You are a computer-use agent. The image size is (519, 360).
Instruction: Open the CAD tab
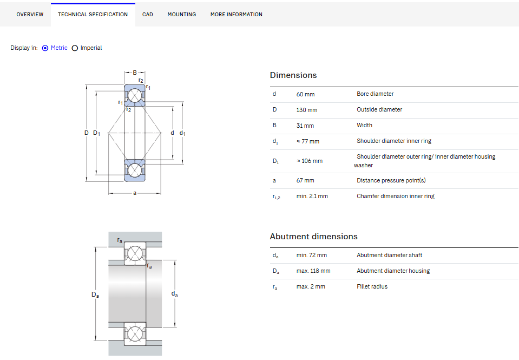coord(148,15)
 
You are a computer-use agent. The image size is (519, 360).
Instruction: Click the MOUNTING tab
coord(182,15)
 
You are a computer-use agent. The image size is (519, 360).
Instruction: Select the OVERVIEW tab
coord(30,15)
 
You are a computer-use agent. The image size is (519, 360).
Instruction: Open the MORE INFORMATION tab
coord(236,15)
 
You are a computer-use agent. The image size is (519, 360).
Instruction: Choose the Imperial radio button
coord(75,48)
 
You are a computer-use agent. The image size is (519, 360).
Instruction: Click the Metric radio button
coord(45,48)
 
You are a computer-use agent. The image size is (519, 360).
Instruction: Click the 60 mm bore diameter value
coord(306,94)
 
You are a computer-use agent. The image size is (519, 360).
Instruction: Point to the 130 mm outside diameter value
coord(307,110)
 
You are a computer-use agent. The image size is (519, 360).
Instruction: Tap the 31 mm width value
coord(305,126)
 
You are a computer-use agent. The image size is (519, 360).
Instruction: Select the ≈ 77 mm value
coord(308,141)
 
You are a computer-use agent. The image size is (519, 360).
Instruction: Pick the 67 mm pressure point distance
coord(305,180)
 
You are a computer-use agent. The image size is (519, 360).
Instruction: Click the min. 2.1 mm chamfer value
coord(312,196)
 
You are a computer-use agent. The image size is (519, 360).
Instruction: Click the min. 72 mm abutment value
coord(312,255)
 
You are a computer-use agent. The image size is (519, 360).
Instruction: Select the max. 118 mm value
coord(313,271)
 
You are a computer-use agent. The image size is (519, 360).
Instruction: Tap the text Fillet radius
coord(372,286)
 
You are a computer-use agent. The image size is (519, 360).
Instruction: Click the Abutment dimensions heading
coord(314,237)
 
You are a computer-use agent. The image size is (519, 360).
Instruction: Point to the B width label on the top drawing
coord(135,73)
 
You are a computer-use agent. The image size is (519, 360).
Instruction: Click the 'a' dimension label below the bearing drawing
coord(135,193)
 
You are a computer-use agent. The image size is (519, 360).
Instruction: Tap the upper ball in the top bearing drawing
coord(135,96)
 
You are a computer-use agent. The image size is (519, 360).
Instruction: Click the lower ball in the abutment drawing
coord(135,333)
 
